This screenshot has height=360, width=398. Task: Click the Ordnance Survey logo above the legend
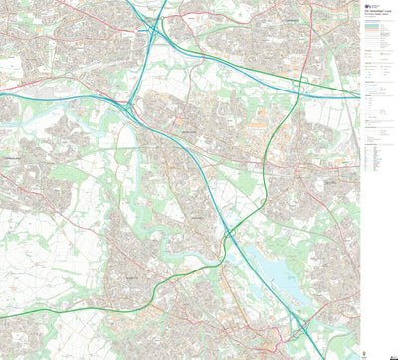coord(368,5)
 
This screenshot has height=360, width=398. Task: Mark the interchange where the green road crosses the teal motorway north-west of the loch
coord(228,232)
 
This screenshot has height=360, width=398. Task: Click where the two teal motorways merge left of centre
coord(129,101)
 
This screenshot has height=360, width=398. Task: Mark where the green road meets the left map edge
coord(1,317)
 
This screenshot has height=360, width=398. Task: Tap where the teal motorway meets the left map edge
coord(1,93)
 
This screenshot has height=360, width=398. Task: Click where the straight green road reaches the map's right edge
coord(359,96)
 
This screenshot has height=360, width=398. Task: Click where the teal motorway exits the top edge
coord(162,1)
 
